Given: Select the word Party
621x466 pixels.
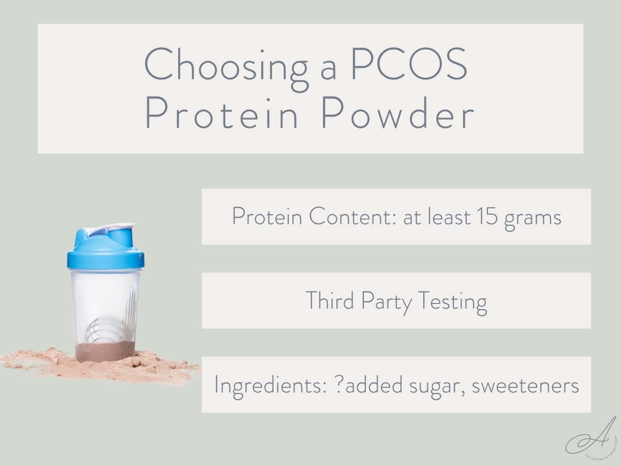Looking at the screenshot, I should pyautogui.click(x=384, y=301).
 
